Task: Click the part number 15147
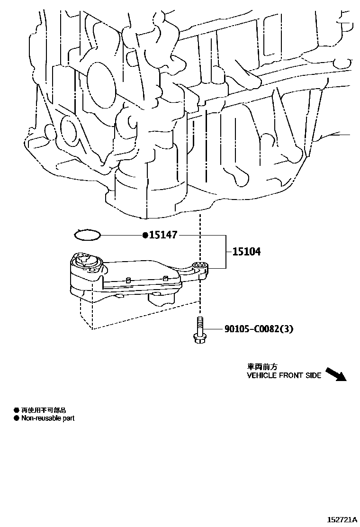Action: click(164, 235)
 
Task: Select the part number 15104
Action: click(246, 252)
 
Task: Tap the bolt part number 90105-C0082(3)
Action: click(255, 328)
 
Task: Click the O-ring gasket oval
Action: click(88, 234)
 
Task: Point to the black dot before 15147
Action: click(145, 235)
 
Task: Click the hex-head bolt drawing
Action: click(199, 329)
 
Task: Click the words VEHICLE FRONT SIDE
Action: click(284, 375)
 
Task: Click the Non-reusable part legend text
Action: click(48, 418)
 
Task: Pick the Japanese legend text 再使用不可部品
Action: click(43, 409)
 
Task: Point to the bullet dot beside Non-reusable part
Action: click(16, 418)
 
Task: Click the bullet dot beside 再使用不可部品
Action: click(16, 409)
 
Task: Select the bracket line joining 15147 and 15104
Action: click(224, 251)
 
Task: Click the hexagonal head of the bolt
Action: click(199, 338)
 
